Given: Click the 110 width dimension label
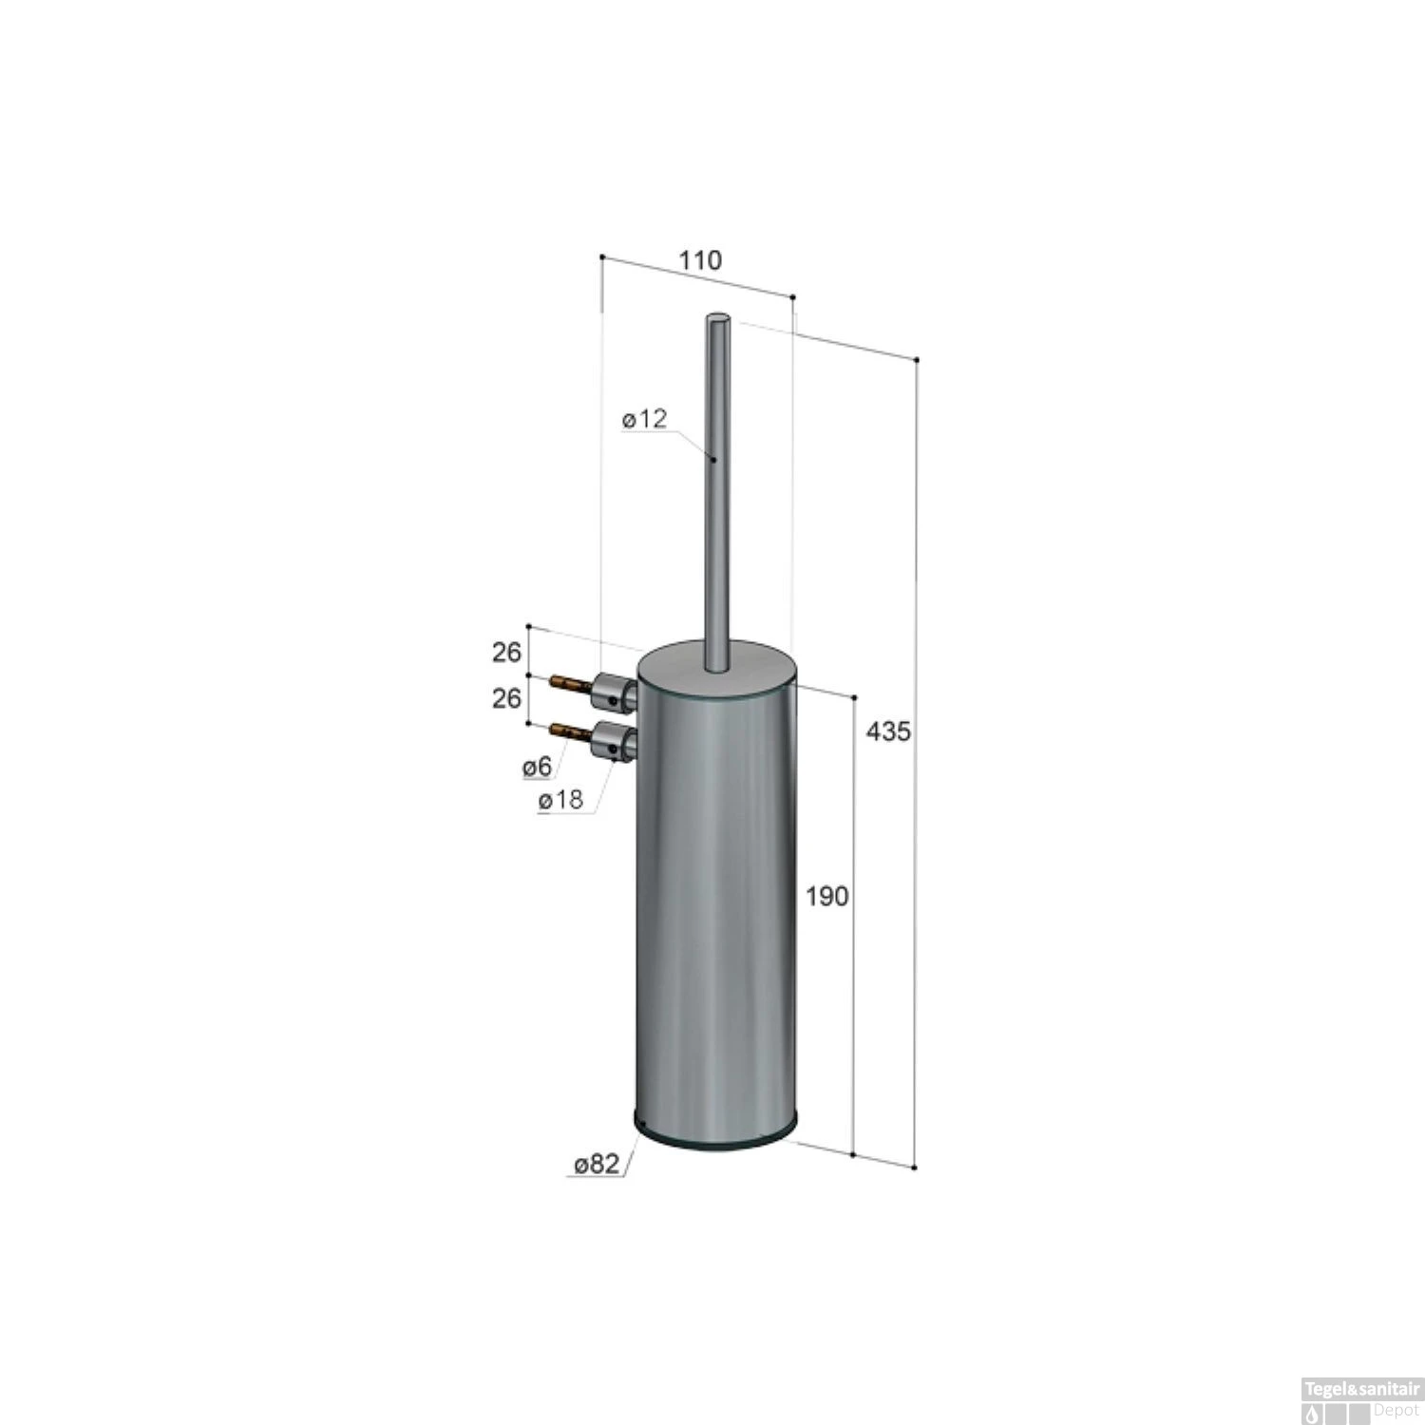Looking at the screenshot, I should coord(700,260).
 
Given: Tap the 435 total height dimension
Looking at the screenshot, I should coord(888,731).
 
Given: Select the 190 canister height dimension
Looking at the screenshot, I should coord(826,895).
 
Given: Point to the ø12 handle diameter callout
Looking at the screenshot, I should coord(646,419).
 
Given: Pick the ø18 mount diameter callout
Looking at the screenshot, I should coord(560,801).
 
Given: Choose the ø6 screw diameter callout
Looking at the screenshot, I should coord(537,767).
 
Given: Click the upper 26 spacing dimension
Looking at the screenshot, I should coord(506,653).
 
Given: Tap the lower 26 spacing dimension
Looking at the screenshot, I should coord(506,698).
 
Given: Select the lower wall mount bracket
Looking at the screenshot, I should coord(614,740).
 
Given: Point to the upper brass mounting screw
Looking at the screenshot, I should coord(572,682).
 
